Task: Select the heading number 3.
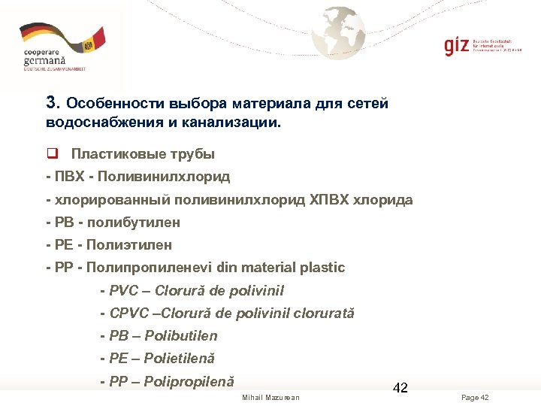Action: coord(51,103)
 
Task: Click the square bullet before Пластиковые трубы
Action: coord(52,154)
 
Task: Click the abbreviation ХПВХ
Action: coord(330,200)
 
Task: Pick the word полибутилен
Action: coord(134,223)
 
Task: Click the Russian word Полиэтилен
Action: coord(129,245)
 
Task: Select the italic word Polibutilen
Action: coord(181,336)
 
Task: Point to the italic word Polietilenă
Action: coord(179,359)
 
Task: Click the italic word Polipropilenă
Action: coord(189,382)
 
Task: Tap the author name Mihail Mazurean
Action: coord(270,397)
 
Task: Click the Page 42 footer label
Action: coord(475,397)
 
